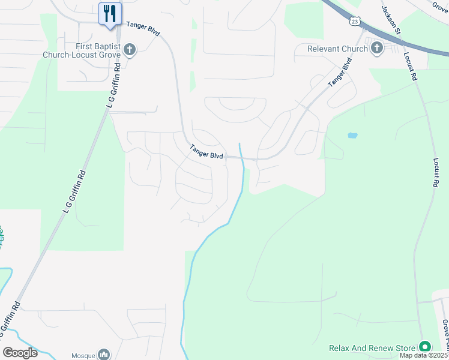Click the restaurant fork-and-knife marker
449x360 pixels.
(110, 13)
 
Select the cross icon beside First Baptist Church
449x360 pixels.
(130, 50)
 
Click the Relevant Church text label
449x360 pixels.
(337, 49)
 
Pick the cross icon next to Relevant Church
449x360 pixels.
(377, 48)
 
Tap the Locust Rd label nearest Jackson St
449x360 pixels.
(411, 65)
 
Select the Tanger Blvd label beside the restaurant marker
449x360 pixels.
(142, 28)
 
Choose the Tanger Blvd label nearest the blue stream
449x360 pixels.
(206, 152)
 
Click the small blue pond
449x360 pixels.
(352, 136)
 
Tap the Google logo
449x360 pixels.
(20, 353)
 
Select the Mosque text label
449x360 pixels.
(83, 355)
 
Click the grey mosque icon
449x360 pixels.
(104, 355)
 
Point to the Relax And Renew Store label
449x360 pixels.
(372, 348)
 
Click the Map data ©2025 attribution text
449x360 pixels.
(424, 356)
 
